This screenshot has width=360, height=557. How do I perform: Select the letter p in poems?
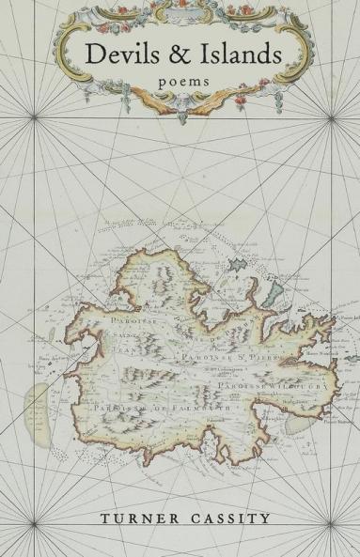tap(156, 84)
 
